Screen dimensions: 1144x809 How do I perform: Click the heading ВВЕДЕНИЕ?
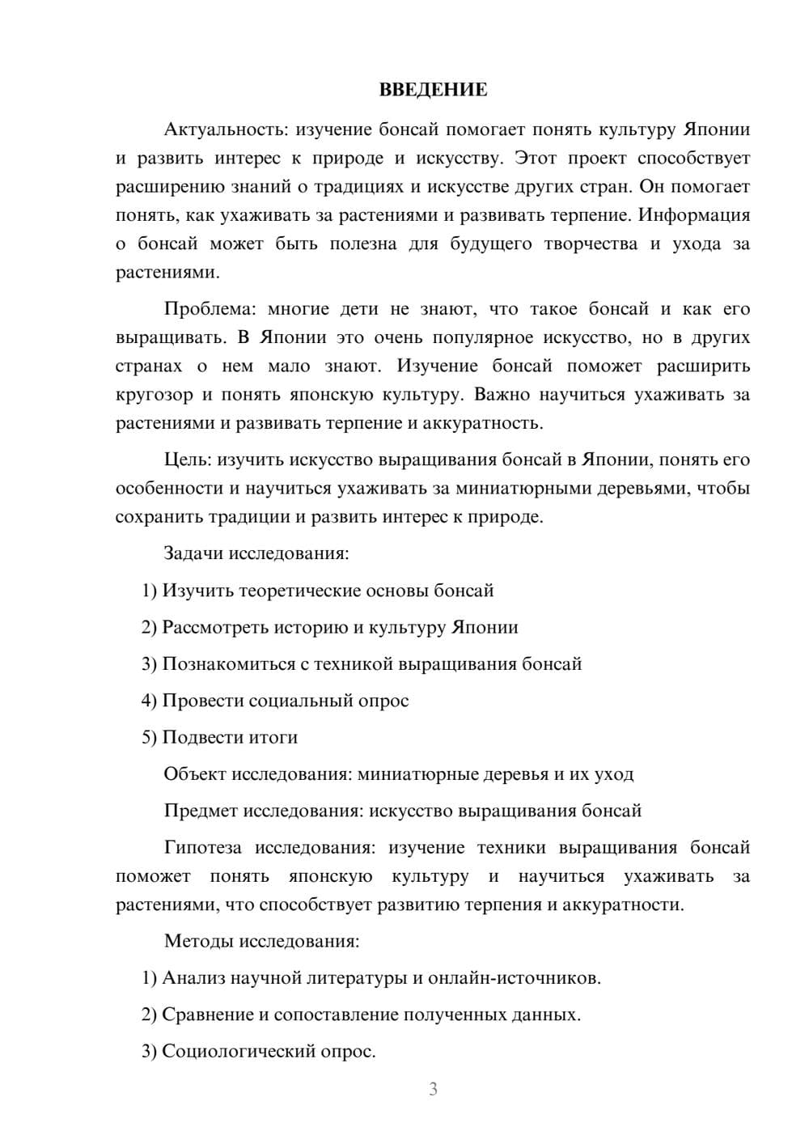433,90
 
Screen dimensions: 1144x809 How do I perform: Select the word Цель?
186,460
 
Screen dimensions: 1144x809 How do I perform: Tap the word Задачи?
194,554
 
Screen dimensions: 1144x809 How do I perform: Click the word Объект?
195,774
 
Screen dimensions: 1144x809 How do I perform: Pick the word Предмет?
201,811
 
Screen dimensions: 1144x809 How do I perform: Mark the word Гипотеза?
202,848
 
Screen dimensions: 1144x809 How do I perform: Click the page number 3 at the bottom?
433,1089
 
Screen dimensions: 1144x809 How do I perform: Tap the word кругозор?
154,395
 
